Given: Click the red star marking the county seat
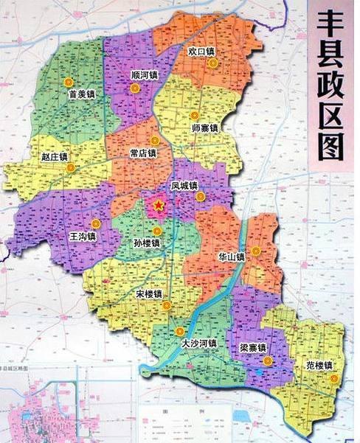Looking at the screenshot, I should [158, 206].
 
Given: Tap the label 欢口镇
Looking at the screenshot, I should [201, 52].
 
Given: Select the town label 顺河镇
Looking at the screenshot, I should [145, 75].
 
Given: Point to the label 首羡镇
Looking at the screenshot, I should [82, 94].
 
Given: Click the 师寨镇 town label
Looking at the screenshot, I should [204, 128].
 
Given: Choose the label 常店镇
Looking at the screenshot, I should [143, 153].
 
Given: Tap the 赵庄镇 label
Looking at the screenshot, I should [54, 157].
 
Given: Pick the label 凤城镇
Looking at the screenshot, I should [184, 187].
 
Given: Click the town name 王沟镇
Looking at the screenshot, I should [83, 237].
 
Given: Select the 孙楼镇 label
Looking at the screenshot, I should [148, 243].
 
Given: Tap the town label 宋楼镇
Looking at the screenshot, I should [150, 293].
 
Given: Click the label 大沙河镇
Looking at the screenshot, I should [199, 343].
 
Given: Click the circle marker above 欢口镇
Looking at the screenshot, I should [213, 63].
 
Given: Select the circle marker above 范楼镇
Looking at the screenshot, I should [334, 379].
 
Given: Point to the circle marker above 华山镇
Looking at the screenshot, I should [255, 251].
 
